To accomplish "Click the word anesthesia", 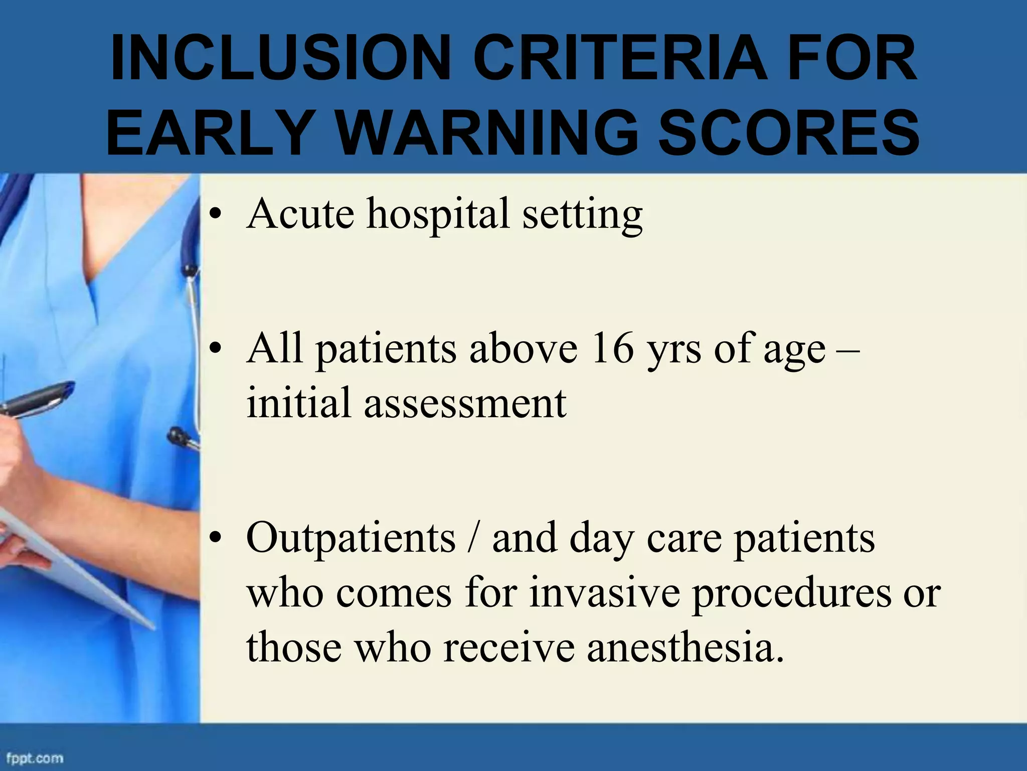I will [685, 648].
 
